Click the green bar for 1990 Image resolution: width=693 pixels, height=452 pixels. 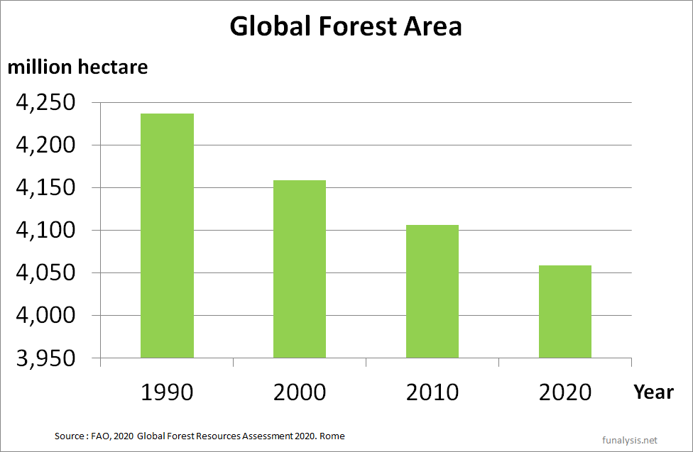point(167,236)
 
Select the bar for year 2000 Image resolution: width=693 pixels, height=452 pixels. point(300,269)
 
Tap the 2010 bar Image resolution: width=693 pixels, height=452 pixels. point(432,291)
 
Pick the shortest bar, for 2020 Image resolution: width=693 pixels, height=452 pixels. point(565,312)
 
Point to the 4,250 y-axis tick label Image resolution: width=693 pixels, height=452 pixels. point(45,104)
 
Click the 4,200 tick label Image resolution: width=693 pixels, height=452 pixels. point(45,146)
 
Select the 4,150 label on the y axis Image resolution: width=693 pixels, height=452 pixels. point(45,189)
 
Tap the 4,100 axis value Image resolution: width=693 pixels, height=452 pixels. point(45,231)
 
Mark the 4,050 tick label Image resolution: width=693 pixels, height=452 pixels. point(45,274)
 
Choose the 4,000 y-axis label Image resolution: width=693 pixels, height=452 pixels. point(45,316)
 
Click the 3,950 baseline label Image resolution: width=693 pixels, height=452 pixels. point(45,359)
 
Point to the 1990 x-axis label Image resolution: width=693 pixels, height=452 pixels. point(167,392)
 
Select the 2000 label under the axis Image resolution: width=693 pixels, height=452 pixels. point(300,392)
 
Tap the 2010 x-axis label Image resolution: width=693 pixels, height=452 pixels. point(432,392)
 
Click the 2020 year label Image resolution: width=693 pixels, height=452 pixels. point(565,392)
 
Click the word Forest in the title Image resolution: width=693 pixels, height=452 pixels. point(357,26)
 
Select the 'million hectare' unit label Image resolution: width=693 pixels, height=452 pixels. point(77,67)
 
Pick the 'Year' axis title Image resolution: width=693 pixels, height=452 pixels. point(653,391)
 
